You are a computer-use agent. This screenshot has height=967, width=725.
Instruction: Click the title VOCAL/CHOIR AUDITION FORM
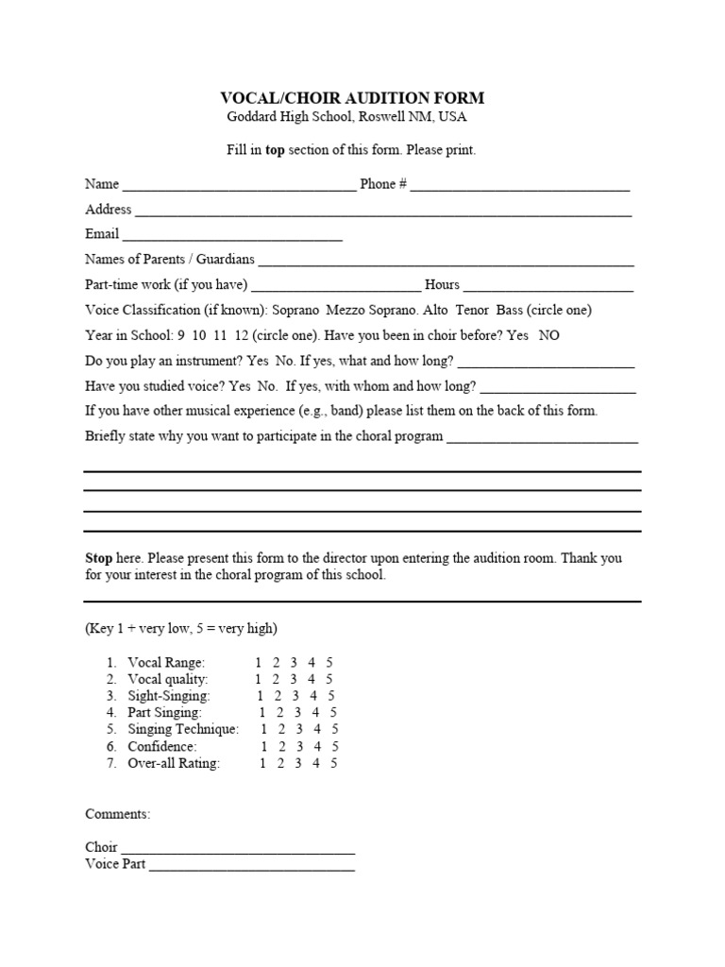pyautogui.click(x=352, y=98)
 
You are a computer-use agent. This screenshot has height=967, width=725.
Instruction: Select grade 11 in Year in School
pyautogui.click(x=223, y=335)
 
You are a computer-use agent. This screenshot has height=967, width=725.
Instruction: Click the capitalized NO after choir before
pyautogui.click(x=549, y=335)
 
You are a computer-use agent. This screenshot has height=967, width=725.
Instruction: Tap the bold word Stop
pyautogui.click(x=99, y=558)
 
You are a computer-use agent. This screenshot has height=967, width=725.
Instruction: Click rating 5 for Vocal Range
pyautogui.click(x=329, y=662)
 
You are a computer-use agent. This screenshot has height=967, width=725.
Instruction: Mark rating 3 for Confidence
pyautogui.click(x=297, y=747)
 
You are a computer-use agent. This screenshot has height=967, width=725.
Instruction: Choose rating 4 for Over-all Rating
pyautogui.click(x=316, y=764)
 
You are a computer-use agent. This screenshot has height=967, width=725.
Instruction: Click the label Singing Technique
pyautogui.click(x=183, y=730)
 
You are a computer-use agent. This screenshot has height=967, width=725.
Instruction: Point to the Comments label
pyautogui.click(x=117, y=814)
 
